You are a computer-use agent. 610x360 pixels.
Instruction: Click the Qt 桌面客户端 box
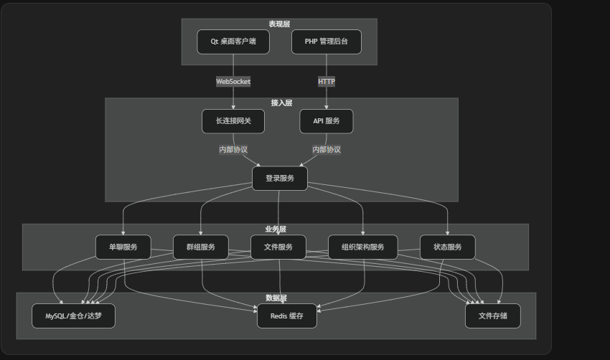click(x=233, y=42)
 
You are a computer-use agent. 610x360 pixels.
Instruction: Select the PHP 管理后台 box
click(x=327, y=42)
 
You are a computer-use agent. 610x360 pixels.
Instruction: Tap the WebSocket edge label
click(x=233, y=82)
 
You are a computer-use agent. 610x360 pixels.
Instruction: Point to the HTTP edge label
click(x=327, y=82)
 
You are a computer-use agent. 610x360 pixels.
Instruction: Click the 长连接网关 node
click(x=233, y=121)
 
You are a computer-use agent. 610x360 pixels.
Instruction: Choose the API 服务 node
click(x=327, y=121)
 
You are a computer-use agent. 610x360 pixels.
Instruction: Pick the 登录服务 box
click(x=280, y=179)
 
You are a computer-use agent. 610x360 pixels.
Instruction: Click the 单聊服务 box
click(x=123, y=247)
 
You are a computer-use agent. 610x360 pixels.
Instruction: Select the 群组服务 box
click(x=201, y=247)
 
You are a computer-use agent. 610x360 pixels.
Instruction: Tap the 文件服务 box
click(x=278, y=247)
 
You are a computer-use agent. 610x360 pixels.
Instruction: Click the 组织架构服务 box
click(x=362, y=247)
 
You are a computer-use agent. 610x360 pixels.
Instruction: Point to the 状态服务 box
click(x=448, y=247)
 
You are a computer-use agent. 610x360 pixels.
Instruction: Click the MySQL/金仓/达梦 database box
click(x=73, y=316)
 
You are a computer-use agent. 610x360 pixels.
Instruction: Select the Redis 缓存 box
click(x=286, y=316)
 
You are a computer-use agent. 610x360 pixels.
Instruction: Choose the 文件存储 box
click(x=492, y=316)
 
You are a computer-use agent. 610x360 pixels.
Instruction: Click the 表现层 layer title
click(x=279, y=24)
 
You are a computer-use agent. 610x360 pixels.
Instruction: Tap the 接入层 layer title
click(x=281, y=103)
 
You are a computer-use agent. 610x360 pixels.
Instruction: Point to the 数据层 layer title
click(x=276, y=298)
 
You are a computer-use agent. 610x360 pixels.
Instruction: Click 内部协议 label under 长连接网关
click(x=233, y=150)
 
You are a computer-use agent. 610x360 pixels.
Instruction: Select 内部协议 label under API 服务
click(x=327, y=150)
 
